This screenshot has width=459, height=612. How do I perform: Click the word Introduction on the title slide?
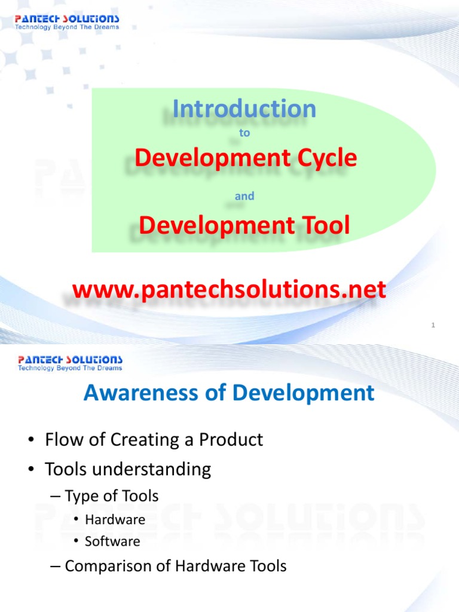click(244, 109)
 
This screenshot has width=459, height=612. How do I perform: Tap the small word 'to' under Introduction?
click(244, 133)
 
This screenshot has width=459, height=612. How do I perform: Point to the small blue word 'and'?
click(244, 196)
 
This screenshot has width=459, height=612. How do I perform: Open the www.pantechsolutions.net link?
click(229, 290)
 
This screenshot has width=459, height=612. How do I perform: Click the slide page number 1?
click(433, 325)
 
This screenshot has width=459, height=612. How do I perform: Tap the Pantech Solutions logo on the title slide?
click(68, 22)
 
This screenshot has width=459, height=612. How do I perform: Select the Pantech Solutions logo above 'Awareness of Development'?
click(70, 363)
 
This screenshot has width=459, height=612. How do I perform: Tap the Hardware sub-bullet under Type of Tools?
click(115, 519)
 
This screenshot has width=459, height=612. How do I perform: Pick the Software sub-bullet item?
click(112, 541)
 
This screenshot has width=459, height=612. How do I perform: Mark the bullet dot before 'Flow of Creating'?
click(30, 440)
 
